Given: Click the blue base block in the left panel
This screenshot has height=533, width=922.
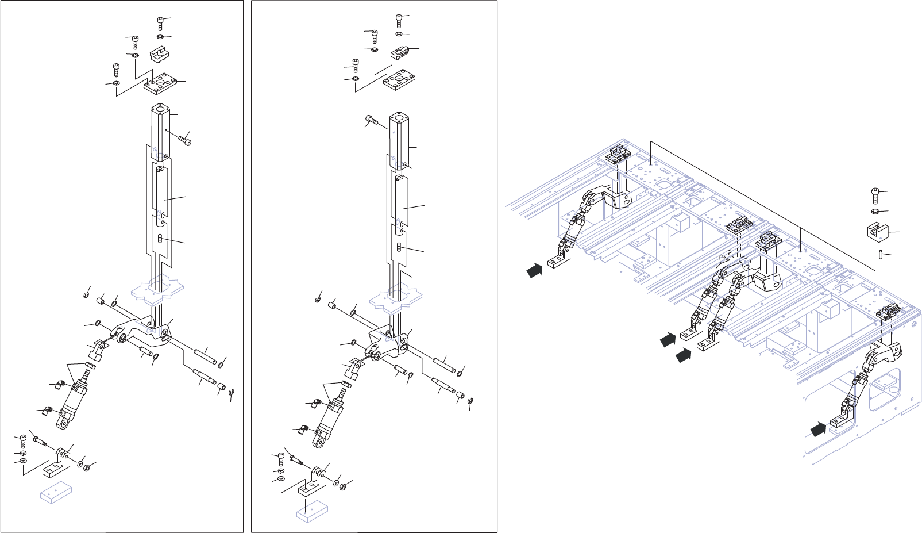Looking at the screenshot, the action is tap(55, 493).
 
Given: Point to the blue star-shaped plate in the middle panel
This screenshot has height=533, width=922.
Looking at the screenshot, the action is tap(396, 298).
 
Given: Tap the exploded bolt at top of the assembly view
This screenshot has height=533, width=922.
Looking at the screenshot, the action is tap(876, 195).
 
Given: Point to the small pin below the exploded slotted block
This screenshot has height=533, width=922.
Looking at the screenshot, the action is tap(881, 253).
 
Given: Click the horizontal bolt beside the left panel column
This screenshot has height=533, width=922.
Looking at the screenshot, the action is tap(184, 139).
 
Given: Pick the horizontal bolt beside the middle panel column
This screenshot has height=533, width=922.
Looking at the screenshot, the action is tap(371, 121).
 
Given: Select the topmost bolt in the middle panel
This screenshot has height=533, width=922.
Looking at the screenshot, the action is tap(399, 20).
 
